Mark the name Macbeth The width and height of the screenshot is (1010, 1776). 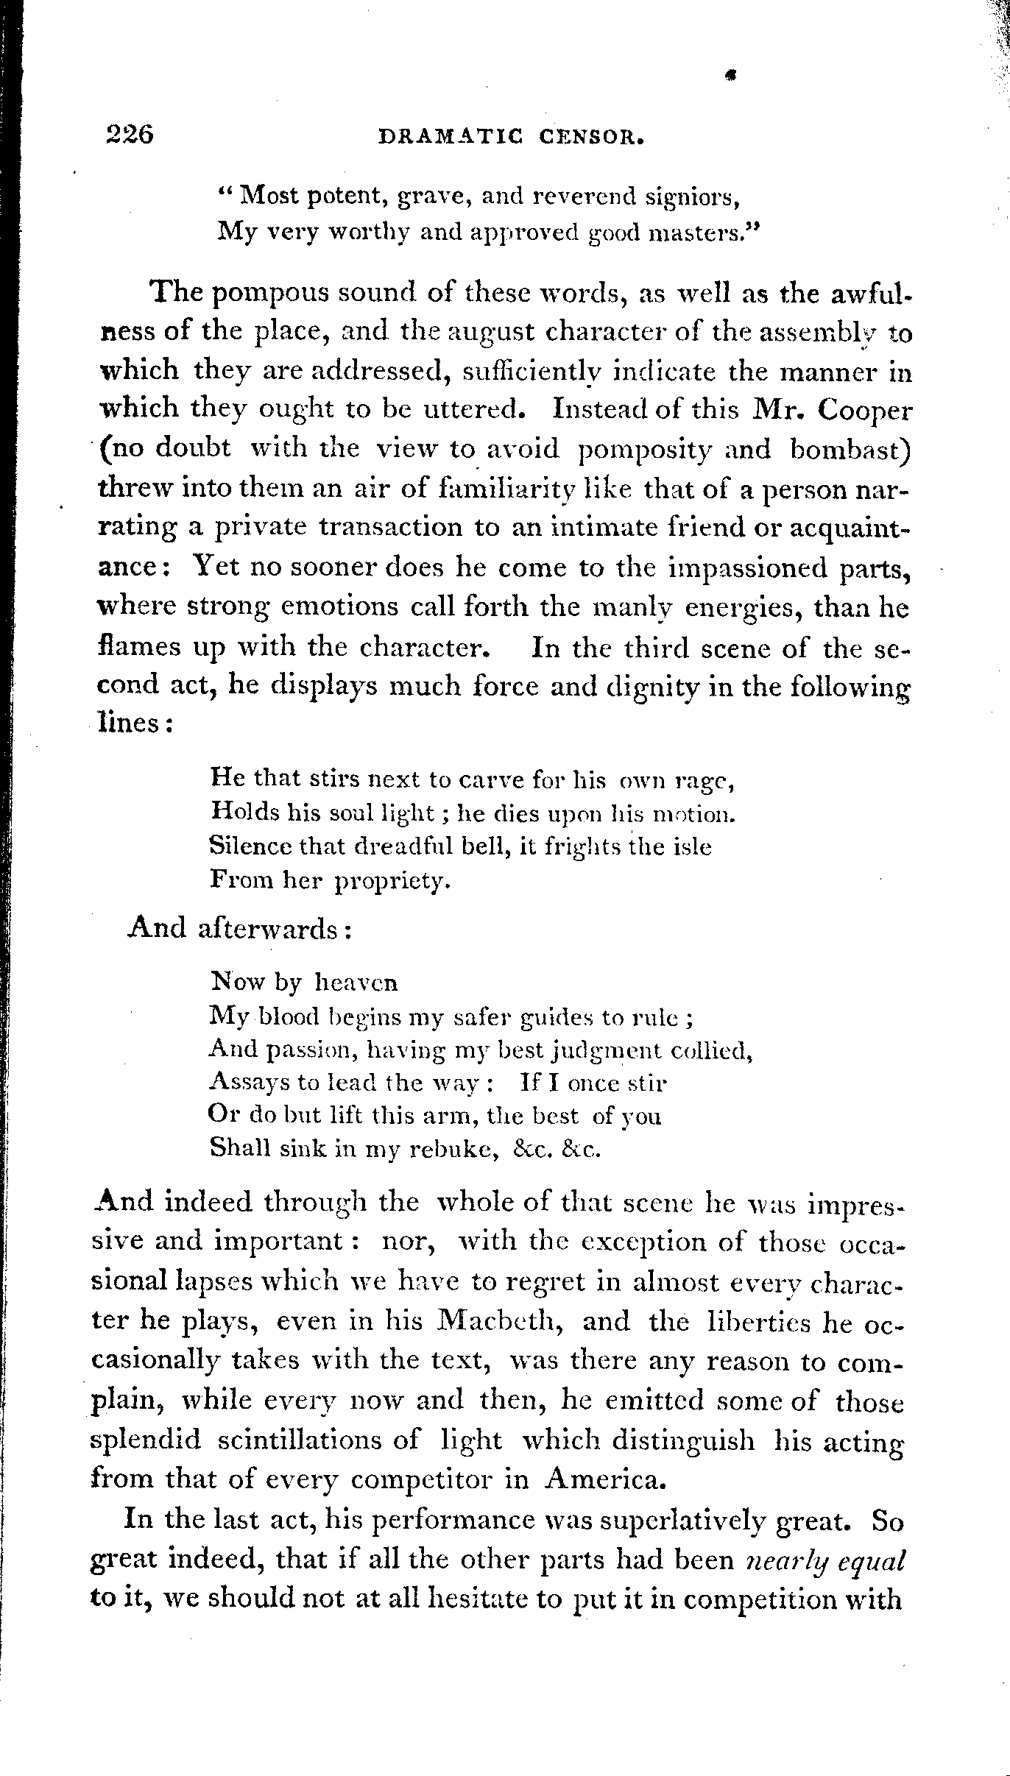pos(500,1323)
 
